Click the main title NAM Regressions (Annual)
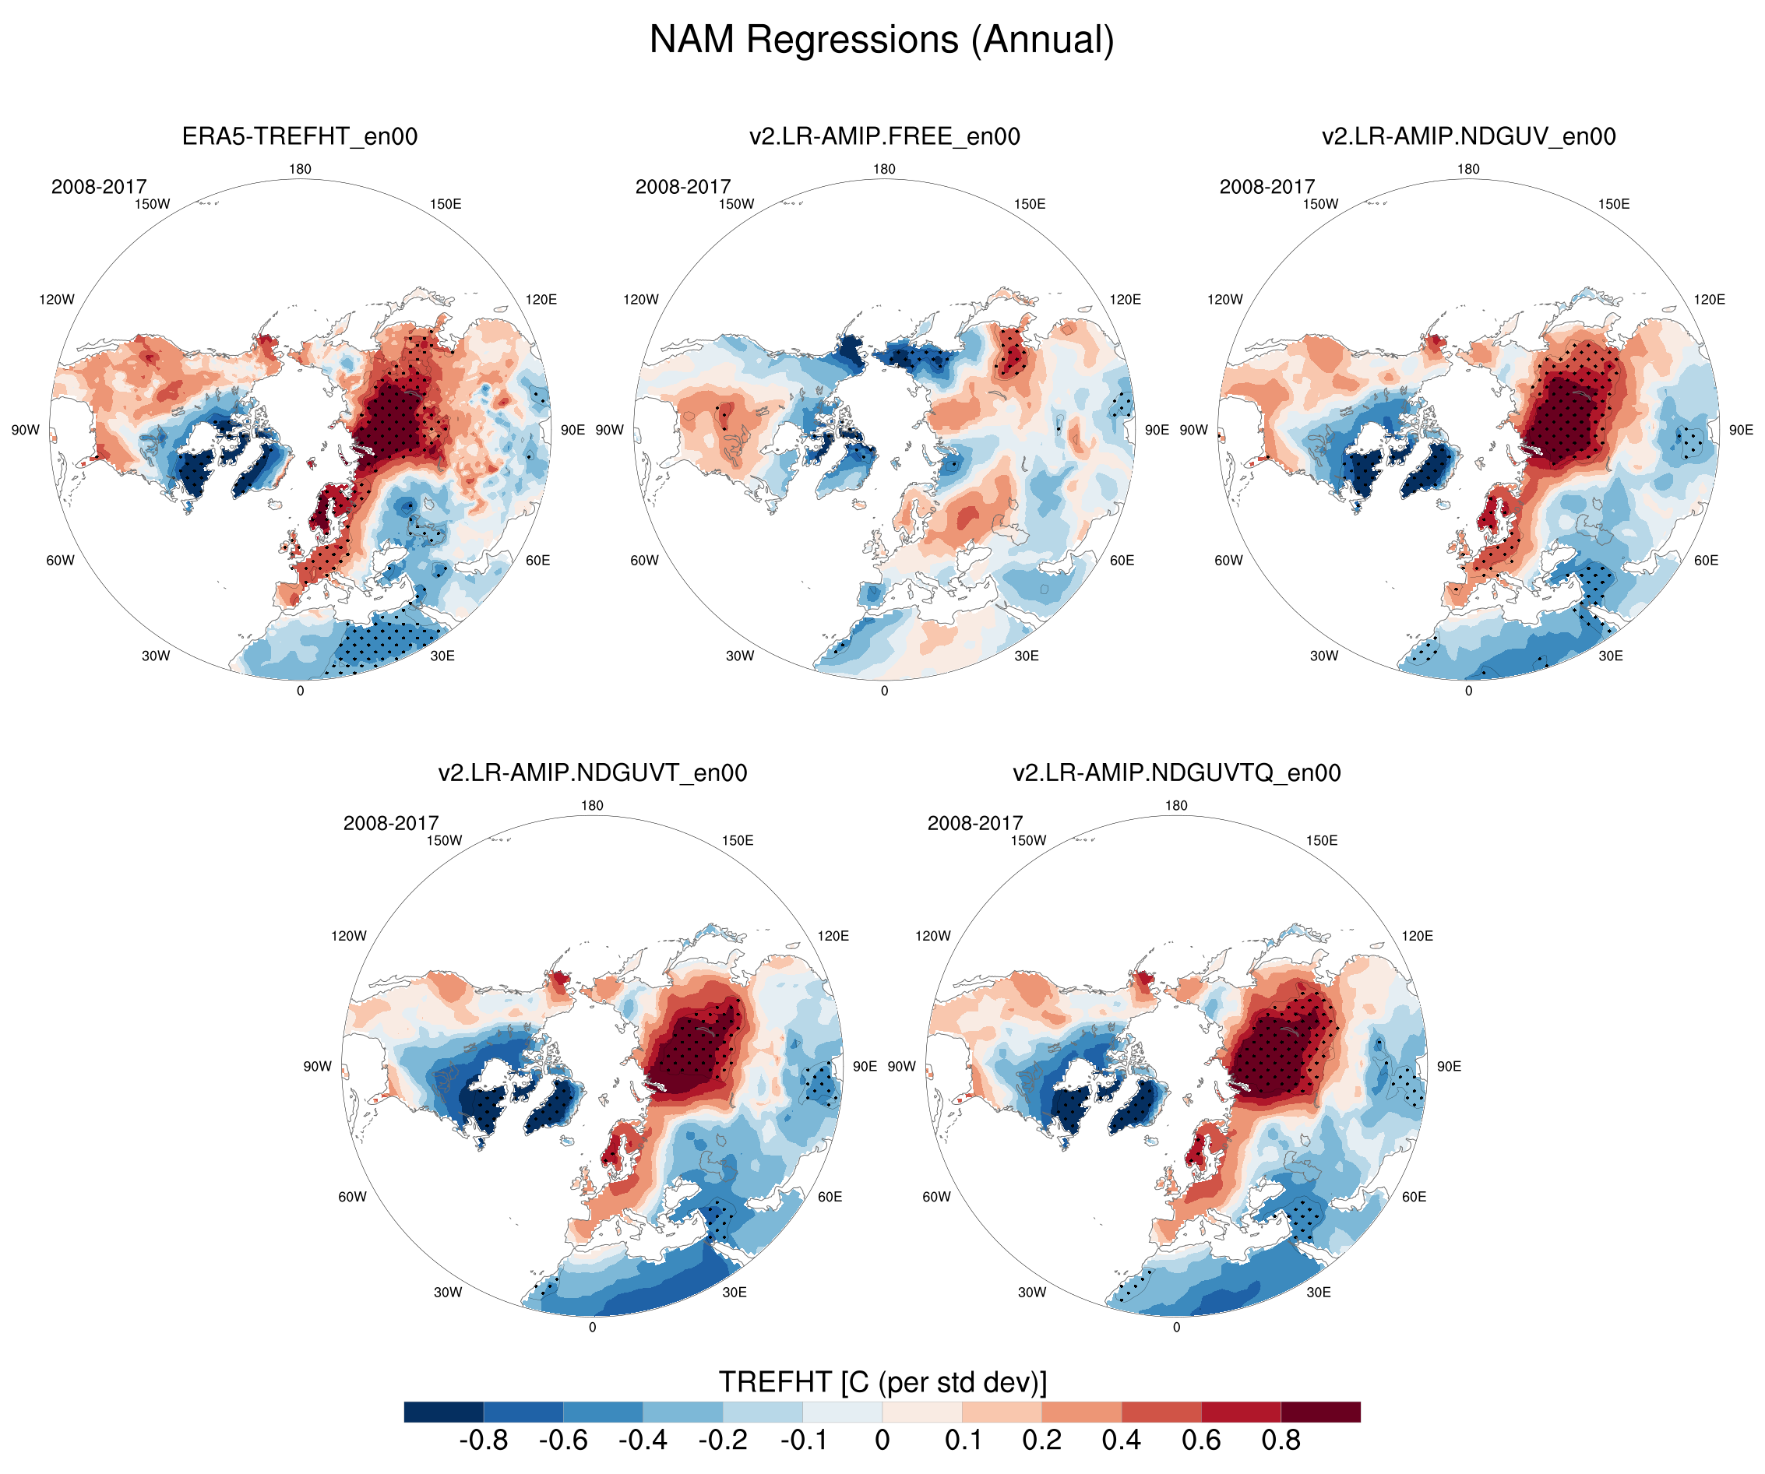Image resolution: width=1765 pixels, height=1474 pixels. [x=882, y=40]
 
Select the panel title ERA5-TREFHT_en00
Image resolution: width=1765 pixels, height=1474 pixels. [x=300, y=136]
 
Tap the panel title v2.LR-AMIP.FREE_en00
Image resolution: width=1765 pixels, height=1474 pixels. [x=884, y=136]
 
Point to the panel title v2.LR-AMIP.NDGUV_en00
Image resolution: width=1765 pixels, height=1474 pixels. [x=1468, y=136]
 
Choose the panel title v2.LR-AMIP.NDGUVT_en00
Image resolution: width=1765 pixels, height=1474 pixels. [x=593, y=772]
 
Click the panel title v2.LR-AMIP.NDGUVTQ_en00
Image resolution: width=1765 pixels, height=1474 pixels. [x=1177, y=772]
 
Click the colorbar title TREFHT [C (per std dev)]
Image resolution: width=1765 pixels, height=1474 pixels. [x=882, y=1381]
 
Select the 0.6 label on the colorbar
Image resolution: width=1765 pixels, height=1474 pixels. [x=1201, y=1440]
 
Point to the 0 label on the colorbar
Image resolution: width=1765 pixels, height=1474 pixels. [x=882, y=1440]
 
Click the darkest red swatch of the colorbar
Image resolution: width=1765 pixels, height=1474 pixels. [x=1320, y=1412]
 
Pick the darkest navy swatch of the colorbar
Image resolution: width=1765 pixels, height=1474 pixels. [x=444, y=1412]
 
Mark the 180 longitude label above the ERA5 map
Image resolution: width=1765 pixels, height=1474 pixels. [x=300, y=169]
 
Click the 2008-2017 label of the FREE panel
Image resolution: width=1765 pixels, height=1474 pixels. [x=682, y=187]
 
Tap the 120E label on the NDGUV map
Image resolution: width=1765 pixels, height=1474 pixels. [x=1709, y=299]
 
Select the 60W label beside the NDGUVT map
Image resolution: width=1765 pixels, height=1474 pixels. [x=352, y=1197]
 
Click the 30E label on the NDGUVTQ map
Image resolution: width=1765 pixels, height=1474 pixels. [x=1318, y=1293]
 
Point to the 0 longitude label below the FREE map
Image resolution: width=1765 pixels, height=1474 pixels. [x=884, y=691]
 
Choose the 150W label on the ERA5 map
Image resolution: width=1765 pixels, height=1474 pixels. [x=152, y=204]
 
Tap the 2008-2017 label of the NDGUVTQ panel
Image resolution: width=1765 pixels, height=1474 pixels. [x=975, y=823]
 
